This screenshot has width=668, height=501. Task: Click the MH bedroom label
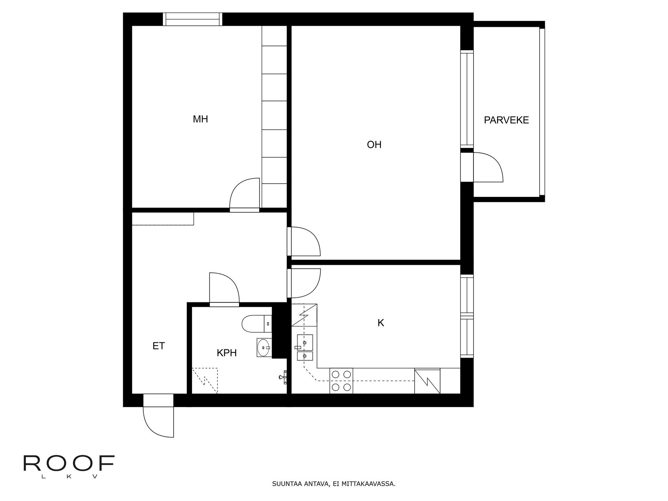tap(200, 119)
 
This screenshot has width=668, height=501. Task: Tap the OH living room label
tap(374, 145)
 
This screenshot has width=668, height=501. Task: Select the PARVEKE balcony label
tap(506, 120)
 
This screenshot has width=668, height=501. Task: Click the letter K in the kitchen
tap(381, 323)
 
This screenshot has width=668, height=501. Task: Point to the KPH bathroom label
tap(226, 353)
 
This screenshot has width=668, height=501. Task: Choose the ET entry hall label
tap(158, 346)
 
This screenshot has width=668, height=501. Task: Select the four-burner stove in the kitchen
tap(341, 381)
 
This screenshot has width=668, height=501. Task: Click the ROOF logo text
tap(69, 463)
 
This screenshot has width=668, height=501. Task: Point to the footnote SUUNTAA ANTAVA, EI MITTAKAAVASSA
tap(333, 484)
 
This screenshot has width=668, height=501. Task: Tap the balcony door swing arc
tap(488, 167)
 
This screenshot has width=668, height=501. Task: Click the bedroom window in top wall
tap(193, 19)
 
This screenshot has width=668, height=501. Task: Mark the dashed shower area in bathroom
tap(205, 381)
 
